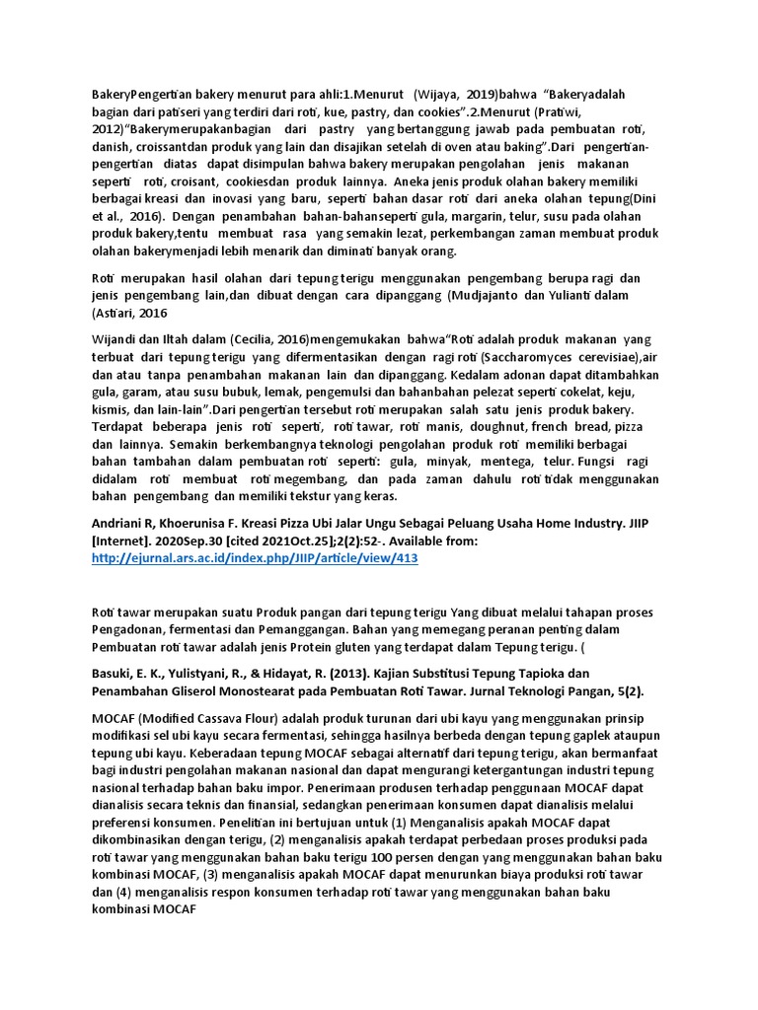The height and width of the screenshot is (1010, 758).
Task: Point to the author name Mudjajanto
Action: [495, 295]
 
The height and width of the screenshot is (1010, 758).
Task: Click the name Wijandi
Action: [114, 339]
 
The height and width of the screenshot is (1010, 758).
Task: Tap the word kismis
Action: [110, 409]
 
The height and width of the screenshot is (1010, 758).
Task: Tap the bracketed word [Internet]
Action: [123, 541]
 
